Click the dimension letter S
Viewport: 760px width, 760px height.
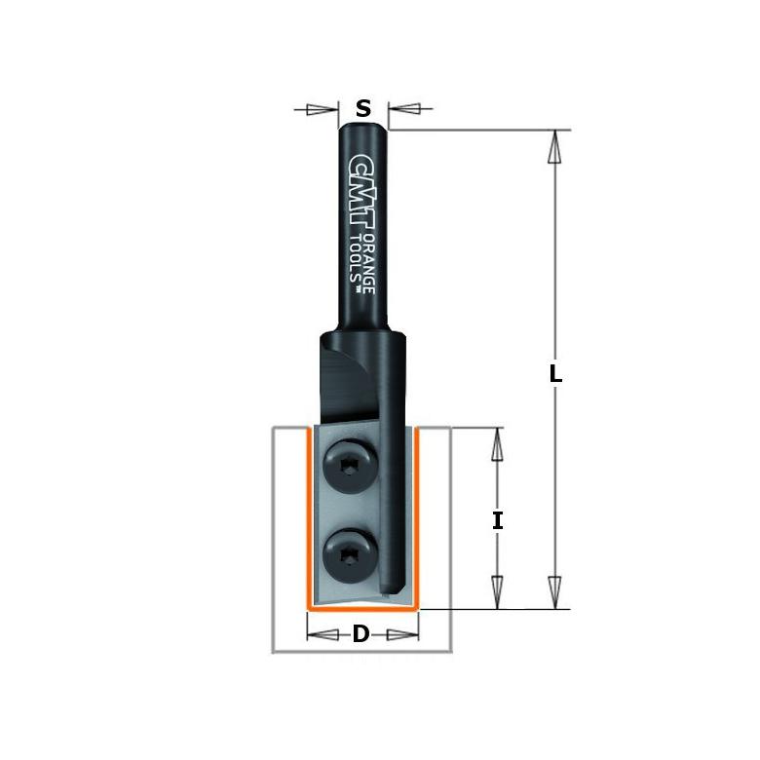363,108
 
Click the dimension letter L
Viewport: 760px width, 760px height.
555,374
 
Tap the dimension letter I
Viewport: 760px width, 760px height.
497,521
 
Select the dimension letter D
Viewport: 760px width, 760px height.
361,633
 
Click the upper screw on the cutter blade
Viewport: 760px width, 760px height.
350,467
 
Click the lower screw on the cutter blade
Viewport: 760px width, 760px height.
350,556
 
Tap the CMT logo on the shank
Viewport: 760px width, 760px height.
363,193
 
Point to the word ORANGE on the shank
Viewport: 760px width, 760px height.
369,264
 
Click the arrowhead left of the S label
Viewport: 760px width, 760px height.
323,109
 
